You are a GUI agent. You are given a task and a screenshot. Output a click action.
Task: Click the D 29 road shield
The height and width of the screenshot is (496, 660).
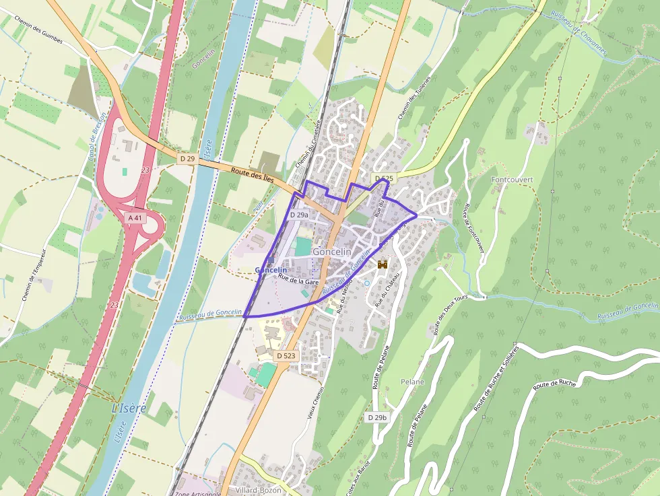point(187,158)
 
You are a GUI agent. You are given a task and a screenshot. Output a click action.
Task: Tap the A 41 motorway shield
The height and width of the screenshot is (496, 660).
point(135,218)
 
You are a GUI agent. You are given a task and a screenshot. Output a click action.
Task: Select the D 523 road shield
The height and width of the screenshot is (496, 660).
point(286,355)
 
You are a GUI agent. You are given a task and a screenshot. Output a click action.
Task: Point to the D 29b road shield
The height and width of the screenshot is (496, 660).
point(378,417)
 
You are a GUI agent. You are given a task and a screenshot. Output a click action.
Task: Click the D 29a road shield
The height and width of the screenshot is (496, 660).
point(299,215)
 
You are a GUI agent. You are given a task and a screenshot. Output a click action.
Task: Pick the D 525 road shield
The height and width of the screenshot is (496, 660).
point(383,178)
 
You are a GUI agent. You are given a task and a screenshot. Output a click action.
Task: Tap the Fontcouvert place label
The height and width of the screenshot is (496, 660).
point(512,180)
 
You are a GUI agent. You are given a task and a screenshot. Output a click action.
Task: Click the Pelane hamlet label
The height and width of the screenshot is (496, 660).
point(413,382)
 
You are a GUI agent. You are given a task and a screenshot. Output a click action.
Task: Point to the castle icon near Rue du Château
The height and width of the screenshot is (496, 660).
point(383,264)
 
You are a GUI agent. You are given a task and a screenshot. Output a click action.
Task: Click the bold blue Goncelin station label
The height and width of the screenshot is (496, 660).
point(272,270)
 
